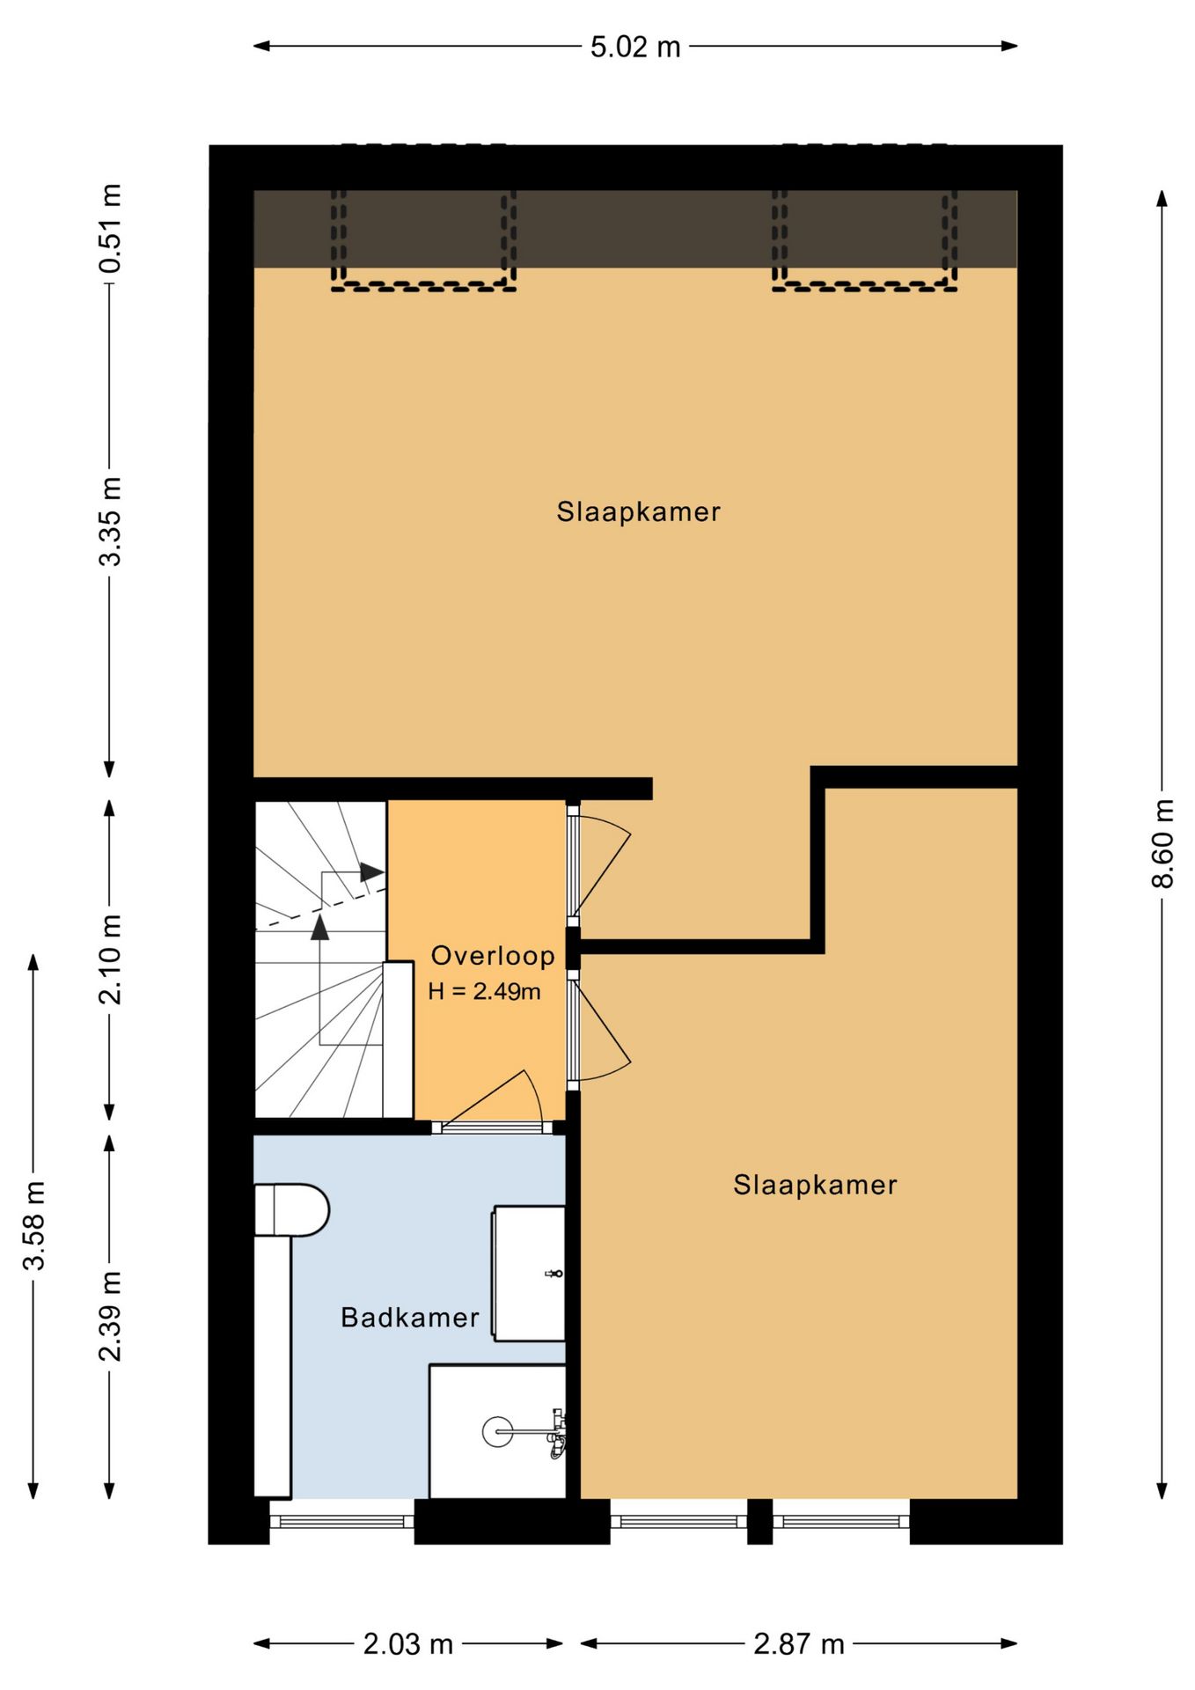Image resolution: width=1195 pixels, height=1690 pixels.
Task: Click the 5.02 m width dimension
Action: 635,47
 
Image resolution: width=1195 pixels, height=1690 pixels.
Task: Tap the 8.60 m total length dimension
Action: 1162,843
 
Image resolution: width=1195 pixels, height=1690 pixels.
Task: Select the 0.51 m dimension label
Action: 110,229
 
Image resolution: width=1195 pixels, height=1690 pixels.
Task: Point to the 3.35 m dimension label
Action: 110,521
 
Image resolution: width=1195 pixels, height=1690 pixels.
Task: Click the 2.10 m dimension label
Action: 110,959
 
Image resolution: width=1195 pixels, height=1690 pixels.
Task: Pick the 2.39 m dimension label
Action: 110,1316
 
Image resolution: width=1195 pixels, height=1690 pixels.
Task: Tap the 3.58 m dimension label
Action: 33,1225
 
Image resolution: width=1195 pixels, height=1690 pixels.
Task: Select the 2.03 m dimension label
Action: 408,1643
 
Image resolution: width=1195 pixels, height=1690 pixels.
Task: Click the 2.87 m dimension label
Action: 799,1643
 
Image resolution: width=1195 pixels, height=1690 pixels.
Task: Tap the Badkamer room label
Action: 410,1318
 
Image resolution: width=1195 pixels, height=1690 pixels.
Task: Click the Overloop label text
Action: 493,955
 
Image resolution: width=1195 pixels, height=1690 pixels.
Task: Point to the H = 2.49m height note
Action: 484,991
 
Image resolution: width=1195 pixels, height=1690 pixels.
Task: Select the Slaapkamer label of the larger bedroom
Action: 639,511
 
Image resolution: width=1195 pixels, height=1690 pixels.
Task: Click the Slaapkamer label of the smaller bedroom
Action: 816,1185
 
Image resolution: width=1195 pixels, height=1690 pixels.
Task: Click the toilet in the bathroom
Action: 291,1209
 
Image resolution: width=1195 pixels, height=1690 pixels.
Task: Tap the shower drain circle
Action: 497,1432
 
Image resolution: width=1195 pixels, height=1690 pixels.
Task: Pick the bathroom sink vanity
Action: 528,1274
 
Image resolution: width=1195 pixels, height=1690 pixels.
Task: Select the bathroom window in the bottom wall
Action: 341,1521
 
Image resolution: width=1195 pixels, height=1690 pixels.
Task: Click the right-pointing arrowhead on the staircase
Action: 371,872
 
